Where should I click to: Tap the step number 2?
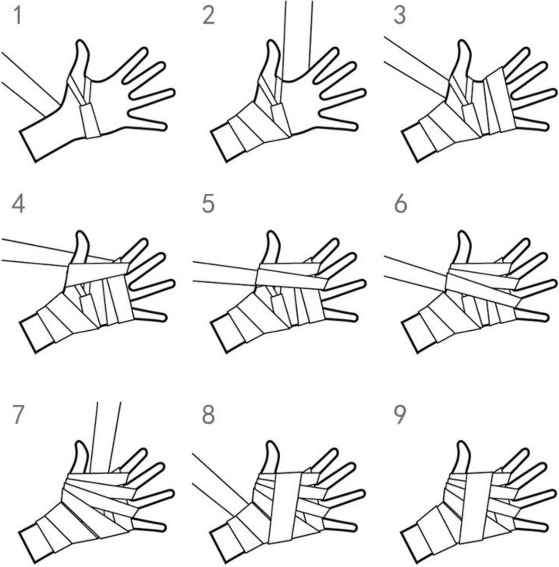pos(208,16)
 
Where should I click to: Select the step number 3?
pos(400,16)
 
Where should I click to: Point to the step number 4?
pos(18,205)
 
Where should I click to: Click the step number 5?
pos(208,205)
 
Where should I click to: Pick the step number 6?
pos(400,205)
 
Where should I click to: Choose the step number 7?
pos(18,415)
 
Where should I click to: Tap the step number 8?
pos(208,415)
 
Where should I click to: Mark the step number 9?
pos(400,415)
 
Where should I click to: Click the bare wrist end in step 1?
pos(28,146)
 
